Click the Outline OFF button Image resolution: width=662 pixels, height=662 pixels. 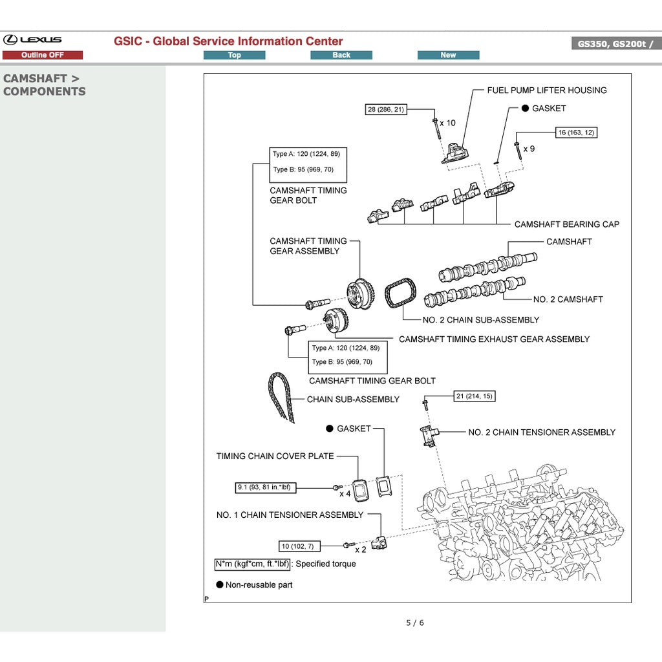(x=43, y=55)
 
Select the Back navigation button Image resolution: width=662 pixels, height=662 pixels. (x=341, y=55)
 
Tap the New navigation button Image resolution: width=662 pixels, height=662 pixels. (x=448, y=55)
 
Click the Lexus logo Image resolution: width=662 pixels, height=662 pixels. (x=32, y=40)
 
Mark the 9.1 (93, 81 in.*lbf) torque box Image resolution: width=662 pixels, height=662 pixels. (x=266, y=487)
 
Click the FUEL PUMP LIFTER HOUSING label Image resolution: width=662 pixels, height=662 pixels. (x=546, y=91)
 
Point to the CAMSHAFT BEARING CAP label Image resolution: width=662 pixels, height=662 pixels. (x=566, y=224)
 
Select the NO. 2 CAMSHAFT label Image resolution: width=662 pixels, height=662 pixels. (x=568, y=299)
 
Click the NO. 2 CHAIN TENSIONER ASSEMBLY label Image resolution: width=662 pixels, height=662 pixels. (x=542, y=432)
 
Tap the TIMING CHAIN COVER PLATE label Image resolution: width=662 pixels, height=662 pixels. (x=275, y=456)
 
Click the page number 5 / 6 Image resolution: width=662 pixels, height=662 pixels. (x=414, y=623)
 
